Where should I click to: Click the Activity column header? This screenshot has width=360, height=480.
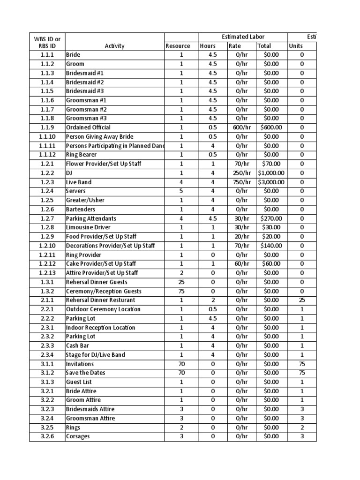[114, 46]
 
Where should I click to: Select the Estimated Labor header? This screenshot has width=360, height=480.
[243, 37]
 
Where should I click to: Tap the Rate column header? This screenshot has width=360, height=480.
[234, 46]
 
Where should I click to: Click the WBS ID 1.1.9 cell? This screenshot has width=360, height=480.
[47, 127]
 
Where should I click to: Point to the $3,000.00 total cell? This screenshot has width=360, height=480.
[271, 182]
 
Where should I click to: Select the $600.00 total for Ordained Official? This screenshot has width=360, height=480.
[271, 127]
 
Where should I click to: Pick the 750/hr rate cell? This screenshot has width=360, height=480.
[242, 182]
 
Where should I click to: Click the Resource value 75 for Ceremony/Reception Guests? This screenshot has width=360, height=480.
[181, 291]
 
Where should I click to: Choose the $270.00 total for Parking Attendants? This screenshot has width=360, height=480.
[271, 218]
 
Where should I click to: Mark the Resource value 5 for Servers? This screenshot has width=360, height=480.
[181, 191]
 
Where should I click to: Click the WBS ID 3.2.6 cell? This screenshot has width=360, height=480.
[47, 436]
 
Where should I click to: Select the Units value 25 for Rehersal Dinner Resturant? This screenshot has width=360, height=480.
[302, 300]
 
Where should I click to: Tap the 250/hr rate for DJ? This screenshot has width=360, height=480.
[242, 173]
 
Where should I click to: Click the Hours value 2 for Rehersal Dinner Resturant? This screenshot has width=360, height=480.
[213, 300]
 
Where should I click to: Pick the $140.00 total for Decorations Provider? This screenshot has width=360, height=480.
[271, 246]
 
